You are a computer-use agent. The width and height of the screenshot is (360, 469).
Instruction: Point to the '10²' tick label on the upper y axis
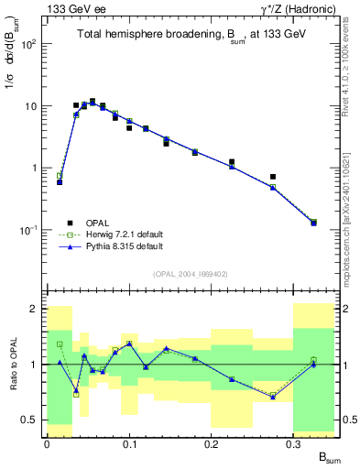coord(29,44)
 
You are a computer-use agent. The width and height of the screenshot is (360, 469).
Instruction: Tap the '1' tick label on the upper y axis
coord(34,169)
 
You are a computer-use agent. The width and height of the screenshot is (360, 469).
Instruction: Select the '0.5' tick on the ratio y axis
coord(30,420)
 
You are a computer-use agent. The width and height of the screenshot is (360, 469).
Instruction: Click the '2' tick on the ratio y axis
coord(34,309)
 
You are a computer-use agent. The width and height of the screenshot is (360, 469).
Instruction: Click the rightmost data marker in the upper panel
coord(313,223)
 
